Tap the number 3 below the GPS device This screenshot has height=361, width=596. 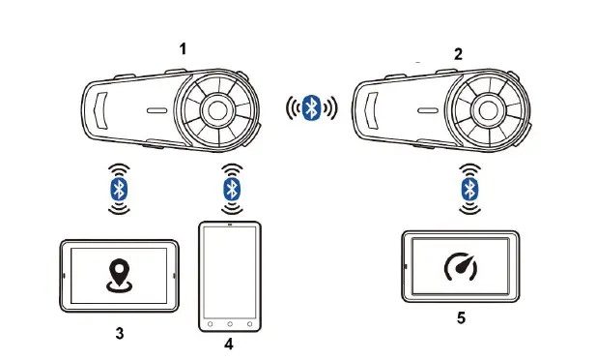[x=119, y=333]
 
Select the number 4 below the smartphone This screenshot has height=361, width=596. [x=228, y=343]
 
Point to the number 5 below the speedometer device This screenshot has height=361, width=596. [x=460, y=316]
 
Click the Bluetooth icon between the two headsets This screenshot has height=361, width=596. [x=311, y=107]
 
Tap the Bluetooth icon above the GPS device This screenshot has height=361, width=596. [x=119, y=188]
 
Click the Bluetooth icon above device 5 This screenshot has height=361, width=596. [x=468, y=188]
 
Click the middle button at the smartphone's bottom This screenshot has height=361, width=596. [x=230, y=322]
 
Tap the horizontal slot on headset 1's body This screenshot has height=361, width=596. [x=156, y=110]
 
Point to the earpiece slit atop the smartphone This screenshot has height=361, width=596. [x=230, y=226]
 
